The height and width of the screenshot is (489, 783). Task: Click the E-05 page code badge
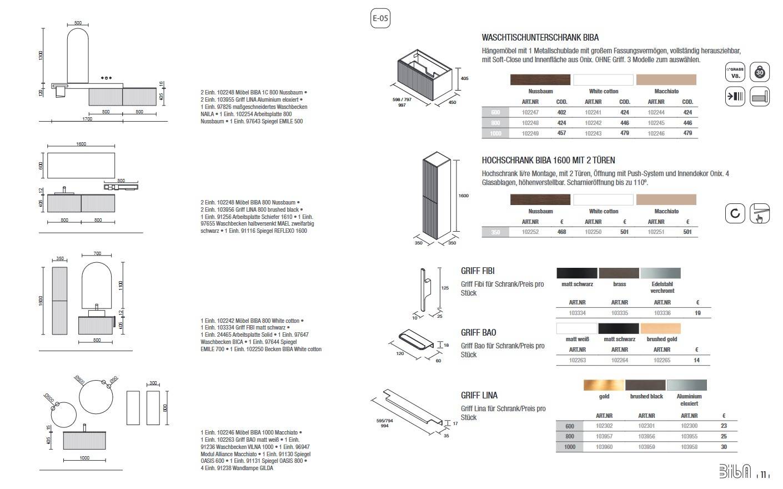(380, 18)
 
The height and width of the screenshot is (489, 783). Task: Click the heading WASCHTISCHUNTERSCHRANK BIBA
(540, 38)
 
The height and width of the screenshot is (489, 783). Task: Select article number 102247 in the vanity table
(530, 112)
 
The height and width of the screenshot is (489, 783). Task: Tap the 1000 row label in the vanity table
(495, 133)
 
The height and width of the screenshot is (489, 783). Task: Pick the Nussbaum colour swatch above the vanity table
(540, 79)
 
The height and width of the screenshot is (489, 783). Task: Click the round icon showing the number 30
(760, 72)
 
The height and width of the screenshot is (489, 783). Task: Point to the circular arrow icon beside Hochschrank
(735, 213)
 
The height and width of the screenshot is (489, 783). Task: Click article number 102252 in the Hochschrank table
(530, 232)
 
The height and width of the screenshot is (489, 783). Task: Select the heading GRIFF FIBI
(478, 271)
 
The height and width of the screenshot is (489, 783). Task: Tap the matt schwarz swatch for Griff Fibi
(577, 273)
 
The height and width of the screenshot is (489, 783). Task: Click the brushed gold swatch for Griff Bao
(661, 328)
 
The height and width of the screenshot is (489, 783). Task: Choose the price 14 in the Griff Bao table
(697, 360)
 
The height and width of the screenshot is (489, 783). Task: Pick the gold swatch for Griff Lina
(604, 385)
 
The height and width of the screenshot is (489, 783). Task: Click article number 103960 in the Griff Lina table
(604, 447)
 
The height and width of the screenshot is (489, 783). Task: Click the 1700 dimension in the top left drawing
(87, 119)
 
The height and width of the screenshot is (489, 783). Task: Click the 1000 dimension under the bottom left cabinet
(84, 458)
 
